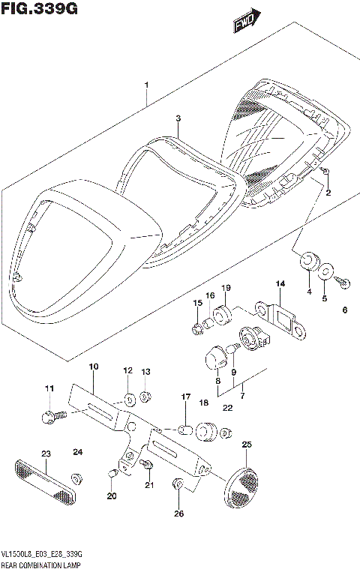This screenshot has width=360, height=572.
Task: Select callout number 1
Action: pyautogui.click(x=147, y=85)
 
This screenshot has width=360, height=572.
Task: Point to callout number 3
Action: pyautogui.click(x=178, y=118)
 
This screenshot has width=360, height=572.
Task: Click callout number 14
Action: pyautogui.click(x=280, y=284)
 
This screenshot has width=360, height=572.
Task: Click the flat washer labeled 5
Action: pyautogui.click(x=327, y=271)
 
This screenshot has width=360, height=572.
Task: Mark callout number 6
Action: pyautogui.click(x=345, y=310)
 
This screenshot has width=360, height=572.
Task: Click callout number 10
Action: pyautogui.click(x=94, y=367)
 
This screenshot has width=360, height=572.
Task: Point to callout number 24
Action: pyautogui.click(x=77, y=452)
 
